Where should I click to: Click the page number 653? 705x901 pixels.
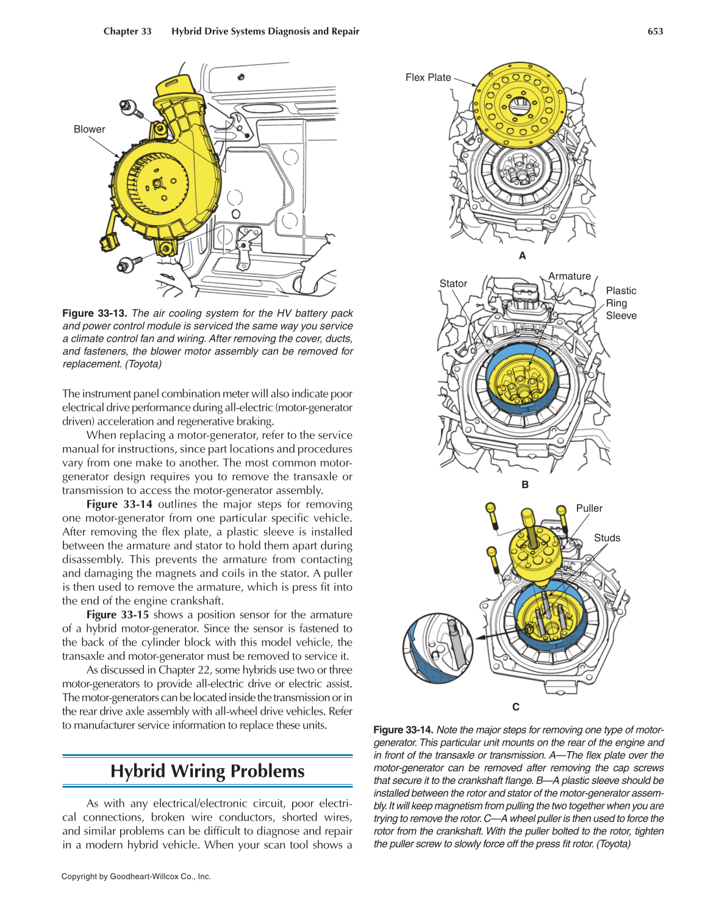[655, 31]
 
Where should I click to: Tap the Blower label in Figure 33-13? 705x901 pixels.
[89, 129]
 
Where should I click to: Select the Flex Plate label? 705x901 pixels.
[428, 77]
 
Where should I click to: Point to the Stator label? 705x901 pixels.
[453, 283]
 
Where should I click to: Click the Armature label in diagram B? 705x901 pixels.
[569, 276]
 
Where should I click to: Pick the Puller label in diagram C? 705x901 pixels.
[589, 508]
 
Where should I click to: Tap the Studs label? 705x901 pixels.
[607, 538]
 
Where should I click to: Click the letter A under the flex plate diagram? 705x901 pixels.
[522, 256]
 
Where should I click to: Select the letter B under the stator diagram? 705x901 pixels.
[524, 485]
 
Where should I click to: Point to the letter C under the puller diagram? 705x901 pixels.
[516, 707]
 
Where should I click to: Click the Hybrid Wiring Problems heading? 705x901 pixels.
[207, 771]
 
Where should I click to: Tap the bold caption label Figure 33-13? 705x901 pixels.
[95, 313]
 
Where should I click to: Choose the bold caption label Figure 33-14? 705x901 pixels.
[403, 730]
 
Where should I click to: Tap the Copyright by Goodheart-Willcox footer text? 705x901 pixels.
[136, 877]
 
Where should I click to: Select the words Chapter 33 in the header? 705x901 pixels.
[127, 31]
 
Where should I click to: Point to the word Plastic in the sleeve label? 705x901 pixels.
[621, 291]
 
